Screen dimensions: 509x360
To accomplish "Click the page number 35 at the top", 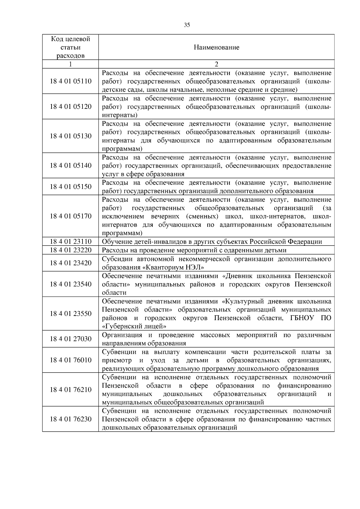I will coord(187,25).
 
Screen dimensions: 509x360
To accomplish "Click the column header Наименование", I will coord(216,47).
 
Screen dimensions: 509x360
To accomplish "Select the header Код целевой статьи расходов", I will coord(70,47).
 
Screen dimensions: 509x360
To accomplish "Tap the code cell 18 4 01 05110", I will coord(70,81).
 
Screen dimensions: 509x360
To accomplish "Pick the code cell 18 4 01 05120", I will coord(70,107).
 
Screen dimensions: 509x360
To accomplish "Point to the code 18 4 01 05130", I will coord(70,136).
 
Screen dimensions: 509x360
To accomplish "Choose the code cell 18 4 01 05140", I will coord(70,165).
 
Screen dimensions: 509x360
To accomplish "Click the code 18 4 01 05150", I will coord(70,187).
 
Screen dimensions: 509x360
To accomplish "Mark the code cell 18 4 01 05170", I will coord(70,216).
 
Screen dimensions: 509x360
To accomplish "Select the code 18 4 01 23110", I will coord(70,242).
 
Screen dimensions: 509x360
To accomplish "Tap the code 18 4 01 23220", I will coord(70,250).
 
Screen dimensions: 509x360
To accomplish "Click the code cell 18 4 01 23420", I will coord(70,263).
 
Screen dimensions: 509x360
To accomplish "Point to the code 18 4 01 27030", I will coord(70,339).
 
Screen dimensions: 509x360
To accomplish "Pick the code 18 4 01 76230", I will coord(70,419).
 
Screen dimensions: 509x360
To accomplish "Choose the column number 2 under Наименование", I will coord(216,64).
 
